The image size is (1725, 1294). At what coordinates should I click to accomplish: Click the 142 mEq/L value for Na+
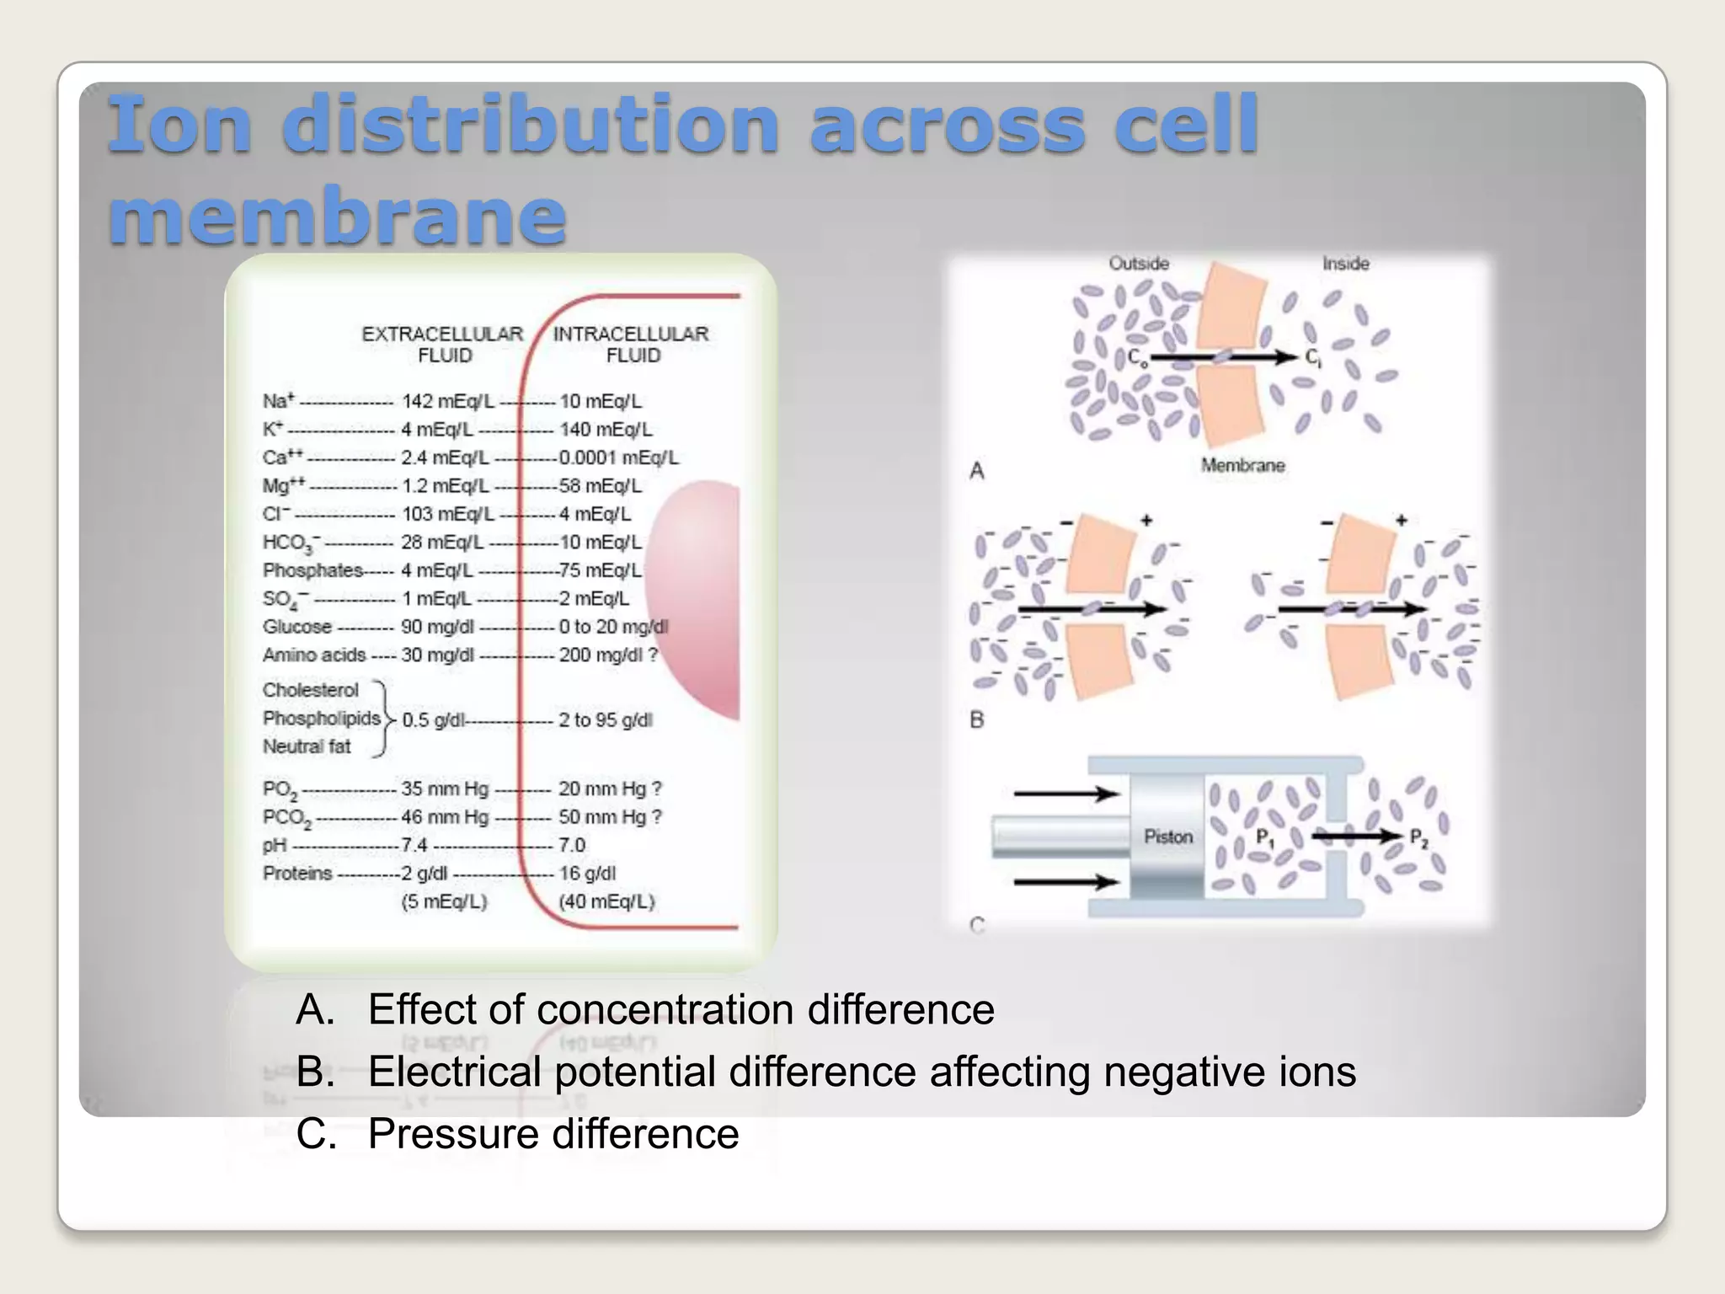pyautogui.click(x=448, y=401)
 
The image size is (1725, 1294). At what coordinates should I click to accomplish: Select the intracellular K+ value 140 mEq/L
pyautogui.click(x=606, y=430)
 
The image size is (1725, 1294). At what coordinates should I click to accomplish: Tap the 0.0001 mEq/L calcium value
pyautogui.click(x=619, y=457)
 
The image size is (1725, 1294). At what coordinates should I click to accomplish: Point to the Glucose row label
pyautogui.click(x=297, y=627)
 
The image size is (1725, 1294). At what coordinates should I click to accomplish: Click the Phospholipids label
pyautogui.click(x=322, y=719)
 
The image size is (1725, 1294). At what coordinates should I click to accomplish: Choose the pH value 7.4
pyautogui.click(x=414, y=845)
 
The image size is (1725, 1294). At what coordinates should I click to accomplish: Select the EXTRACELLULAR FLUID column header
pyautogui.click(x=443, y=345)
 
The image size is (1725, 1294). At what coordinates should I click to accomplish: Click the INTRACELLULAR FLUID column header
pyautogui.click(x=631, y=345)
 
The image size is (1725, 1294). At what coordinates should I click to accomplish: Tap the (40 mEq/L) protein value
pyautogui.click(x=606, y=901)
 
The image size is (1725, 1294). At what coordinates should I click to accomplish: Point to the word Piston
pyautogui.click(x=1168, y=837)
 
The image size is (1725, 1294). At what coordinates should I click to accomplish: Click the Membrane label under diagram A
pyautogui.click(x=1242, y=465)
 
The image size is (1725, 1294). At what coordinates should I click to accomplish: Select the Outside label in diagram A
pyautogui.click(x=1139, y=264)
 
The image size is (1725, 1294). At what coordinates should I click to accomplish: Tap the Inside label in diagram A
pyautogui.click(x=1345, y=264)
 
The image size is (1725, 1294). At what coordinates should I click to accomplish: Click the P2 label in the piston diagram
pyautogui.click(x=1419, y=838)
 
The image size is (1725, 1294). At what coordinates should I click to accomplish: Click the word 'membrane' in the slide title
pyautogui.click(x=337, y=216)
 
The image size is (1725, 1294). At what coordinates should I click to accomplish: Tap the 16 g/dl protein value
pyautogui.click(x=587, y=874)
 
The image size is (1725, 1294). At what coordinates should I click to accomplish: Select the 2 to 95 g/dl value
pyautogui.click(x=606, y=720)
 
